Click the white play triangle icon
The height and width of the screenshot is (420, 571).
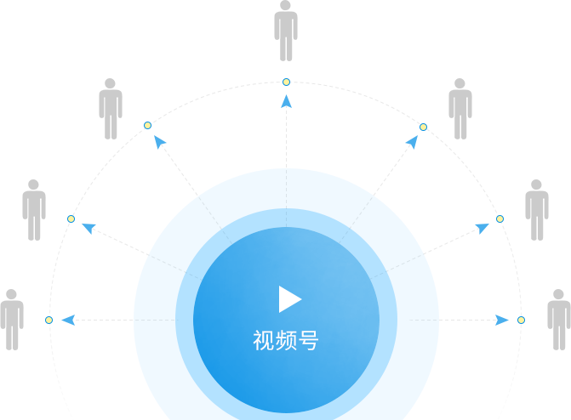pyautogui.click(x=289, y=298)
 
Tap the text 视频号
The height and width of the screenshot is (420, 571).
pyautogui.click(x=286, y=341)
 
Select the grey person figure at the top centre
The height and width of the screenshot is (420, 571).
pyautogui.click(x=286, y=30)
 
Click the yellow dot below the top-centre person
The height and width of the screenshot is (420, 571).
pyautogui.click(x=286, y=82)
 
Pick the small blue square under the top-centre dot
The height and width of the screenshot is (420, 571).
pyautogui.click(x=286, y=101)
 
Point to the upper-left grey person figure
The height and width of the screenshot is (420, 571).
pyautogui.click(x=111, y=109)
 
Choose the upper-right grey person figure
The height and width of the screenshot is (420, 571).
pyautogui.click(x=460, y=109)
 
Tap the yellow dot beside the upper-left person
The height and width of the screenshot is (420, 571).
pyautogui.click(x=148, y=125)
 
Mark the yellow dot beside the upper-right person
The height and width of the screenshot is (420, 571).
pyautogui.click(x=423, y=127)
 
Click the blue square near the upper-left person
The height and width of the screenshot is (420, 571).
pyautogui.click(x=160, y=142)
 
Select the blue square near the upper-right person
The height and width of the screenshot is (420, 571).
pyautogui.click(x=411, y=142)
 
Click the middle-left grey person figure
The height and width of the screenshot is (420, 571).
pyautogui.click(x=34, y=210)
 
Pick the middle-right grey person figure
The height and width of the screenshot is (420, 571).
pyautogui.click(x=537, y=210)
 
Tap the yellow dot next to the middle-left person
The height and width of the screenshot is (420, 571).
pyautogui.click(x=71, y=219)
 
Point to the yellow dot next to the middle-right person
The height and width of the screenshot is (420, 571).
pyautogui.click(x=500, y=219)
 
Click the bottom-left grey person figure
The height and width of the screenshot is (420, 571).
pyautogui.click(x=10, y=320)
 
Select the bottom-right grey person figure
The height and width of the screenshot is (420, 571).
pyautogui.click(x=558, y=320)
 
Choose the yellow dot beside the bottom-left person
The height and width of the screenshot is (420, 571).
pyautogui.click(x=49, y=320)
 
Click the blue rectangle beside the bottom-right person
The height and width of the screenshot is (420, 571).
pyautogui.click(x=502, y=320)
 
